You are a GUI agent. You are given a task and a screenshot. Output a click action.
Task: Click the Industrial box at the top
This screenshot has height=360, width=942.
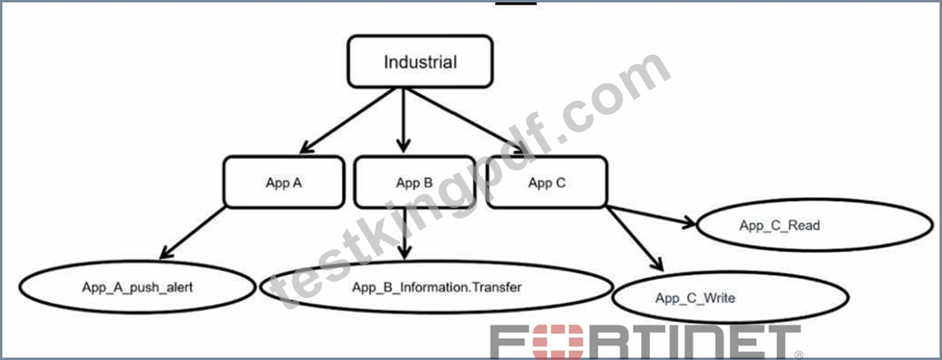(x=420, y=61)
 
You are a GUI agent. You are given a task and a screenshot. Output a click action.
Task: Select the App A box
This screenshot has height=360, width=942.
(x=284, y=182)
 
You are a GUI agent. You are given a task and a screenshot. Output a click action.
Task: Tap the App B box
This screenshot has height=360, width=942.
(x=414, y=182)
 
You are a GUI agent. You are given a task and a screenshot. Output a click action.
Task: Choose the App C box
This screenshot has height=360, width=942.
(x=546, y=182)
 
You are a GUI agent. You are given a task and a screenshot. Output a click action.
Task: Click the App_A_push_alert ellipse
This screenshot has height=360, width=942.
(x=138, y=287)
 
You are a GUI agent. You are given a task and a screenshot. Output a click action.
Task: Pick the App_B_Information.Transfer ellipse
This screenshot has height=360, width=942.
(x=437, y=287)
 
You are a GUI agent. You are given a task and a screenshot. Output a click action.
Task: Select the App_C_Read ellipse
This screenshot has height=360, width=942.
(x=815, y=225)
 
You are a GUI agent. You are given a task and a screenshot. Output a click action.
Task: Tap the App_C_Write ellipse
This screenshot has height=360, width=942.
(x=730, y=297)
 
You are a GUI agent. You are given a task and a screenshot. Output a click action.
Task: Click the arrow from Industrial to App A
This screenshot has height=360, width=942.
(x=347, y=121)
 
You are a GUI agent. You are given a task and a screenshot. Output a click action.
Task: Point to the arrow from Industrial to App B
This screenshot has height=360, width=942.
(x=404, y=120)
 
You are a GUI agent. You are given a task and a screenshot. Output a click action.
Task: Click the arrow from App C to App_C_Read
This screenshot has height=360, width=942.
(x=651, y=217)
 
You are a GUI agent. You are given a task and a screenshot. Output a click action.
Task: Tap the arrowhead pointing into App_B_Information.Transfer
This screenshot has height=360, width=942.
(x=406, y=252)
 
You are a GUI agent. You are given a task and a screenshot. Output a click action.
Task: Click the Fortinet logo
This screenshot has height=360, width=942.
(x=647, y=343)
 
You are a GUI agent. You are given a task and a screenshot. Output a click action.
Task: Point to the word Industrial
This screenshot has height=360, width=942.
(x=420, y=62)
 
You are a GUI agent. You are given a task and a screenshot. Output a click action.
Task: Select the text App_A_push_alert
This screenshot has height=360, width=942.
(x=138, y=288)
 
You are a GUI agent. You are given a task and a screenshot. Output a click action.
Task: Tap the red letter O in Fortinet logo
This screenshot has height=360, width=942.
(x=562, y=343)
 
